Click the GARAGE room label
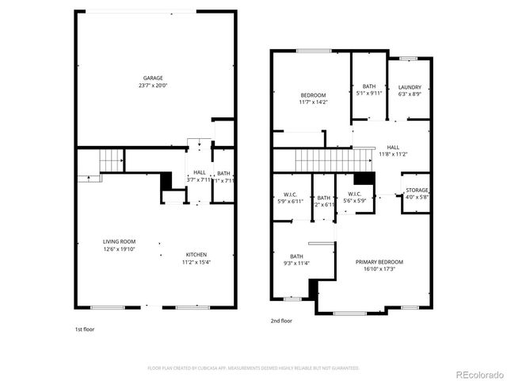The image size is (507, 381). click(x=153, y=78)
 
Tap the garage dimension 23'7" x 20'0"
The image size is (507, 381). click(x=153, y=86)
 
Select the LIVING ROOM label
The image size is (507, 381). click(x=119, y=241)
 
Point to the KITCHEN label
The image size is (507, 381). click(x=196, y=254)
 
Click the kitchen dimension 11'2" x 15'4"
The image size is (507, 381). click(x=196, y=262)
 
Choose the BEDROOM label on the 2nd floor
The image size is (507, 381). click(x=291, y=94)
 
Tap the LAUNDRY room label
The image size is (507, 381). click(x=409, y=87)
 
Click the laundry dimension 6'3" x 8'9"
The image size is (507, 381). click(x=409, y=94)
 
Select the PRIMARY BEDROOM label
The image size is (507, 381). click(x=379, y=262)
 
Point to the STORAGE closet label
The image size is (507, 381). click(x=417, y=190)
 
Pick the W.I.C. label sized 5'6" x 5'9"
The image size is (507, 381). click(x=354, y=194)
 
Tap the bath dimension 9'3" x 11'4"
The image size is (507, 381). click(x=296, y=264)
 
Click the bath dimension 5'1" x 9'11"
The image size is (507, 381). click(x=369, y=94)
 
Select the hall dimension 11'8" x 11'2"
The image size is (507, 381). click(x=394, y=154)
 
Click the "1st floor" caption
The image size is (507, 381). click(x=85, y=327)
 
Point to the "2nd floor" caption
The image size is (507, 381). click(x=281, y=321)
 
